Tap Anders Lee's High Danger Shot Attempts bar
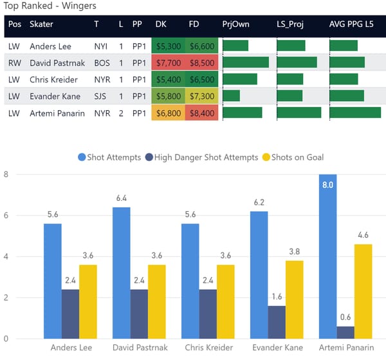[x=70, y=314]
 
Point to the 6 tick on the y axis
[x=5, y=215]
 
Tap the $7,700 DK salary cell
[x=169, y=63]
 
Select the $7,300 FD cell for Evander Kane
[x=202, y=96]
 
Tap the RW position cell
[x=15, y=63]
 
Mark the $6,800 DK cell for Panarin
[x=169, y=113]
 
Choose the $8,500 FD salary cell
[x=202, y=63]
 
